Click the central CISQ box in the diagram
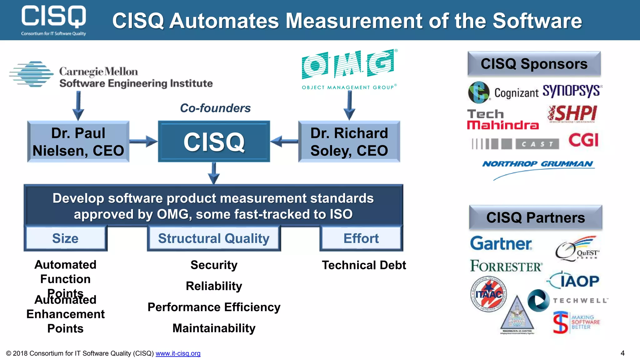(214, 142)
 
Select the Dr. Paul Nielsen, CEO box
(78, 142)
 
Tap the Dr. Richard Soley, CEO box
(349, 142)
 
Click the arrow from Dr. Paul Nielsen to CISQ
(143, 142)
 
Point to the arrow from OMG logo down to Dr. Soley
(349, 105)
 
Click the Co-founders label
(215, 108)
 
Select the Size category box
(65, 238)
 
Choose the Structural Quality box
(214, 238)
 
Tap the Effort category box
(361, 238)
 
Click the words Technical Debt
(364, 265)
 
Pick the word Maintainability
(214, 328)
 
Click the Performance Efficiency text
(214, 307)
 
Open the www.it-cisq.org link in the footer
(178, 353)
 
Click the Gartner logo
(501, 243)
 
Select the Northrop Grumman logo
(537, 164)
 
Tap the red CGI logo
(583, 140)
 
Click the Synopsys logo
(572, 91)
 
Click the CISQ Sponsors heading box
(534, 64)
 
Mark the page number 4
(622, 353)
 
